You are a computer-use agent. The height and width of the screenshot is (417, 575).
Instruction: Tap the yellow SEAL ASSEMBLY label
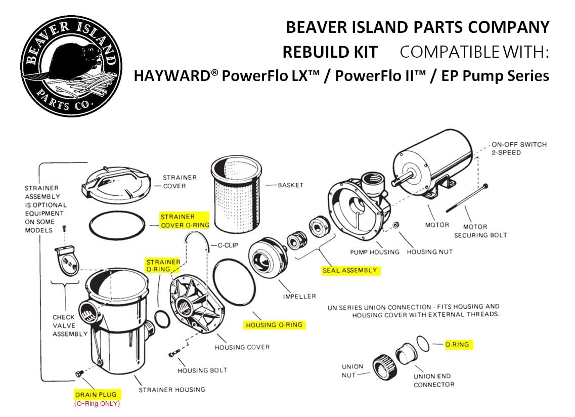[350, 271]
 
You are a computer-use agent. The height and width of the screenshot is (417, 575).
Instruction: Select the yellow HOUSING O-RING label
[274, 325]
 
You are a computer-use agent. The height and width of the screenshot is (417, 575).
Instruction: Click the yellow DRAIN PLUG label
[96, 395]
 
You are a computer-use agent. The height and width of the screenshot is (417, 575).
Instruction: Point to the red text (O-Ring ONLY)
[97, 404]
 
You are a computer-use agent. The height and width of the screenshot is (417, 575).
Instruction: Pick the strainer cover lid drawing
[116, 185]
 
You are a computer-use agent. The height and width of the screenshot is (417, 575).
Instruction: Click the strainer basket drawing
[236, 194]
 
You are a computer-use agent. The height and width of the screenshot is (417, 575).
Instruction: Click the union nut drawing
[385, 366]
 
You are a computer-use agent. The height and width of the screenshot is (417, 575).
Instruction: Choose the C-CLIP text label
[228, 245]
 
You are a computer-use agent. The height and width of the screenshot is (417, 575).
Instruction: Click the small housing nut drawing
[395, 225]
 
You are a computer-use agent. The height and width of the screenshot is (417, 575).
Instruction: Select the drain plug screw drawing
[79, 374]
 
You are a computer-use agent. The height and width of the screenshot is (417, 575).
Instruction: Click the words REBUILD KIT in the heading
[330, 52]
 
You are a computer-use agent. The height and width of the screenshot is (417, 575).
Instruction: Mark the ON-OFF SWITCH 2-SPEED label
[519, 148]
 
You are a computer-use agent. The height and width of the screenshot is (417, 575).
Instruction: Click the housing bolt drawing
[174, 353]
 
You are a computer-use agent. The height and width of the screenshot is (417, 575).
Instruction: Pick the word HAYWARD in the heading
[173, 76]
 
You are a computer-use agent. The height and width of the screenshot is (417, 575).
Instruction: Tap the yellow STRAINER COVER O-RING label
[185, 221]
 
